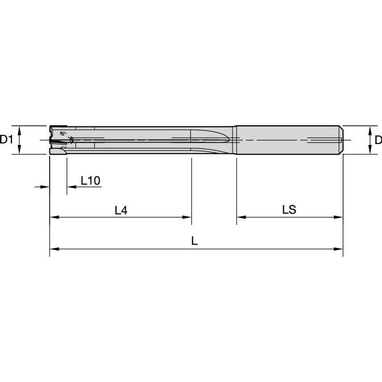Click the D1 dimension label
click(x=6, y=140)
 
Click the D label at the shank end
click(x=378, y=140)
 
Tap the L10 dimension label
click(x=90, y=180)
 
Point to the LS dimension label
click(x=289, y=210)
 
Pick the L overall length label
click(x=195, y=241)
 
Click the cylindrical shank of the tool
click(x=286, y=140)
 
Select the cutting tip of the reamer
click(x=56, y=140)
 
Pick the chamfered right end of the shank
click(x=341, y=140)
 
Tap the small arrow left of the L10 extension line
click(x=44, y=187)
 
